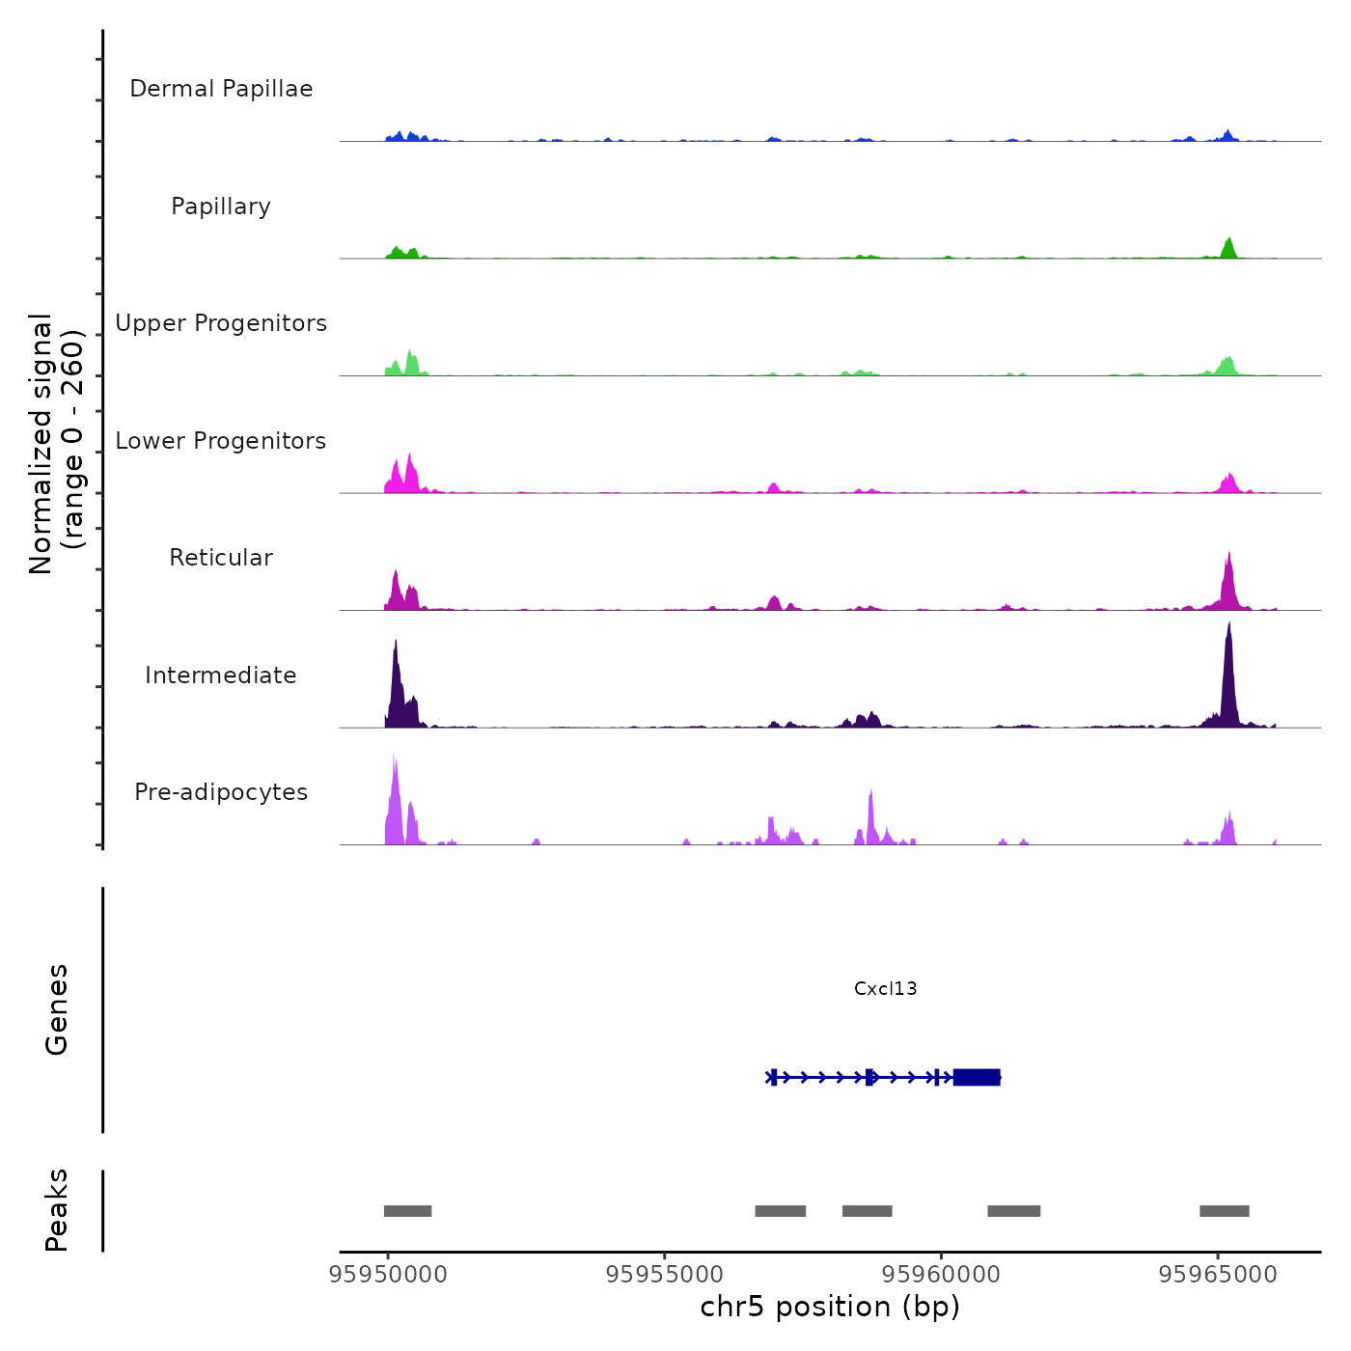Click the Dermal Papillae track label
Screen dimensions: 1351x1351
pyautogui.click(x=221, y=89)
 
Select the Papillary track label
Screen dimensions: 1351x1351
pyautogui.click(x=221, y=207)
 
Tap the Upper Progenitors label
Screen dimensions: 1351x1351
pyautogui.click(x=221, y=323)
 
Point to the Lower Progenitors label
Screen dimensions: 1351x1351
pyautogui.click(x=221, y=441)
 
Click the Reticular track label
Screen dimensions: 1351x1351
pyautogui.click(x=221, y=558)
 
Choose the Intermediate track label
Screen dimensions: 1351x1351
pyautogui.click(x=221, y=675)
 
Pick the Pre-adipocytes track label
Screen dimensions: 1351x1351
pyautogui.click(x=221, y=792)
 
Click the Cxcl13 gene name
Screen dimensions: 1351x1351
pyautogui.click(x=885, y=988)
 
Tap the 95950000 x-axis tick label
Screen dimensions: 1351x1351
pyautogui.click(x=388, y=1275)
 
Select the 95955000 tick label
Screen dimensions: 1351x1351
pyautogui.click(x=665, y=1275)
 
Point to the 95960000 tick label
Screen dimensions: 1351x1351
pyautogui.click(x=941, y=1275)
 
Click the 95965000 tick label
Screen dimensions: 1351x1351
pyautogui.click(x=1218, y=1275)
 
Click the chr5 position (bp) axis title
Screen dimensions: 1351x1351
pyautogui.click(x=830, y=1307)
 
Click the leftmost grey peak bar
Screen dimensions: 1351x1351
pyautogui.click(x=407, y=1211)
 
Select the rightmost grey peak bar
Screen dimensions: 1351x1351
pyautogui.click(x=1224, y=1211)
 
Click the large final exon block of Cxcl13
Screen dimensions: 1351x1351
pyautogui.click(x=977, y=1077)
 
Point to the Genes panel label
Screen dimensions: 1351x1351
pyautogui.click(x=57, y=1009)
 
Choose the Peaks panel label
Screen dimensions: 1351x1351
pyautogui.click(x=57, y=1210)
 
